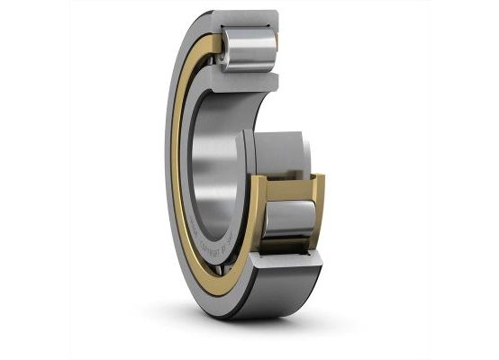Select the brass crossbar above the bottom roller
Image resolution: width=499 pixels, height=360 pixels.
[286, 183]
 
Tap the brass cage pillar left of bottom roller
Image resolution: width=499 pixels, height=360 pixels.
[258, 216]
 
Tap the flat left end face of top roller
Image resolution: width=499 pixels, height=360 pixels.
[224, 48]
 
